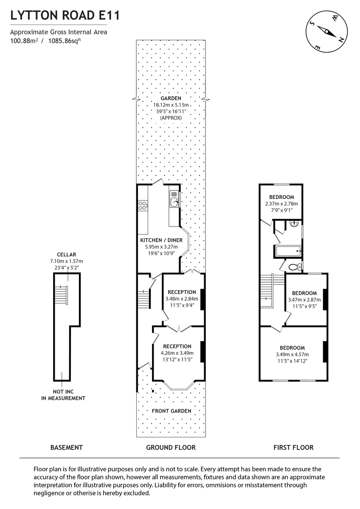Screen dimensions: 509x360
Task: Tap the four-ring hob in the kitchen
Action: point(143,206)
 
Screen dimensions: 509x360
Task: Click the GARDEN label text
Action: point(171,98)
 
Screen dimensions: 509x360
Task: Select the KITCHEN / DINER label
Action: point(161,240)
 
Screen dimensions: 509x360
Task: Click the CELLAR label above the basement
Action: point(66,255)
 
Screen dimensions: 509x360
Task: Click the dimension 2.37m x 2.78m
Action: point(281,204)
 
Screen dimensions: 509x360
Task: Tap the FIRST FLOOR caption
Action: point(293,447)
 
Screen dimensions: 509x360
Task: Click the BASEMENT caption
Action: point(66,447)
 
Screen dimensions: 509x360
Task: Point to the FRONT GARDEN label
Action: point(171,411)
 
